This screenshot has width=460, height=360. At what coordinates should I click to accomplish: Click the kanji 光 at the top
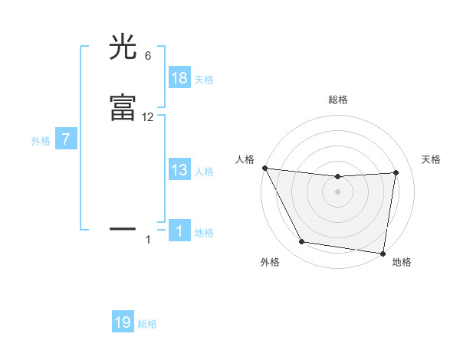tap(123, 48)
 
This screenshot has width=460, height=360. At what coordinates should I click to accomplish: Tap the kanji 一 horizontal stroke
tap(123, 228)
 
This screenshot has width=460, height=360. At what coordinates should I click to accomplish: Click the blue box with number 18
tap(179, 78)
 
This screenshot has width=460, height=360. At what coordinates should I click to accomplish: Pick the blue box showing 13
tap(179, 170)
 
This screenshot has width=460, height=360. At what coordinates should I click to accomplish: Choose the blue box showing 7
tap(66, 140)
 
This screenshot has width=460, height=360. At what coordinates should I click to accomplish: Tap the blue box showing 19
tap(123, 322)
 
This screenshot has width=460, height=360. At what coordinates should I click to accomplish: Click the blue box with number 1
tap(179, 231)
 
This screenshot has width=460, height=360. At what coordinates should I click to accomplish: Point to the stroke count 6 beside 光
tap(147, 56)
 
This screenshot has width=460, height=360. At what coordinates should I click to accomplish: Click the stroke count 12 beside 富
tap(148, 116)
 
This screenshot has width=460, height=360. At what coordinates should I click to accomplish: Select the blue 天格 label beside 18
tap(204, 80)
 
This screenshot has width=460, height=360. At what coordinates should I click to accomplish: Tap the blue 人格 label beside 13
tap(204, 172)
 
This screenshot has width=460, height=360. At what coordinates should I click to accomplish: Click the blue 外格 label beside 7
tap(41, 141)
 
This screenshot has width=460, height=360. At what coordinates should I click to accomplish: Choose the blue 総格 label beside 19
tap(147, 324)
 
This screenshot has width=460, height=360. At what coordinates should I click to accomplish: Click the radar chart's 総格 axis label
tap(338, 100)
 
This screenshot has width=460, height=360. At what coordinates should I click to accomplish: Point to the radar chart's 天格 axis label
tap(432, 159)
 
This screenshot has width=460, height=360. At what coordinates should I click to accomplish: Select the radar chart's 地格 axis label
tap(402, 262)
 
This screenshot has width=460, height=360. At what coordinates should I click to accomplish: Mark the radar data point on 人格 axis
tap(264, 168)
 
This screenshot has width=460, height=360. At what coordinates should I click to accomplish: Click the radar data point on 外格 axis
tap(301, 243)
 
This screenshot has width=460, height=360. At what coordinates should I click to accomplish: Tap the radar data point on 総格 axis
tap(338, 177)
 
